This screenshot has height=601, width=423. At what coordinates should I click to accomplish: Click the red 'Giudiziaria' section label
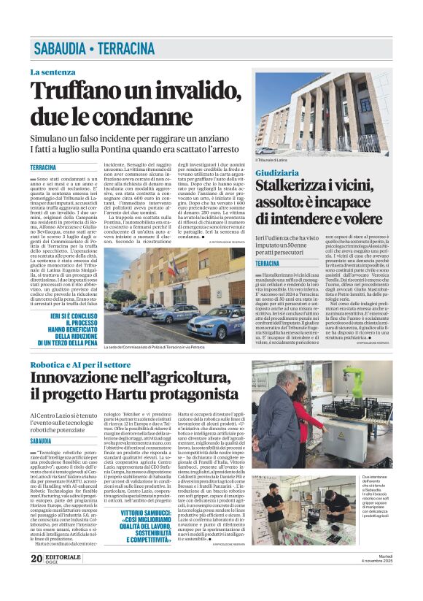click(276, 172)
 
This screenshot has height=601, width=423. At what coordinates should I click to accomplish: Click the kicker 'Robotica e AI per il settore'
click(80, 364)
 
